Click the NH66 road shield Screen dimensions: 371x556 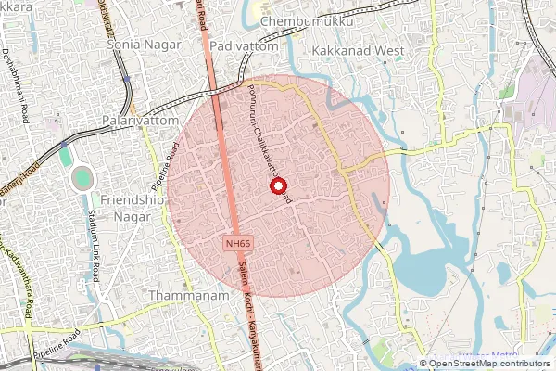point(237,243)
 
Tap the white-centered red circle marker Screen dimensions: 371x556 point(277,186)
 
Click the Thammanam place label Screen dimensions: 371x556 point(181,294)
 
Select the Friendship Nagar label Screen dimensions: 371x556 point(132,208)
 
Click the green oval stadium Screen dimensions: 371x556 point(82,177)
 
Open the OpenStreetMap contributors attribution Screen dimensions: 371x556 point(490,364)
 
